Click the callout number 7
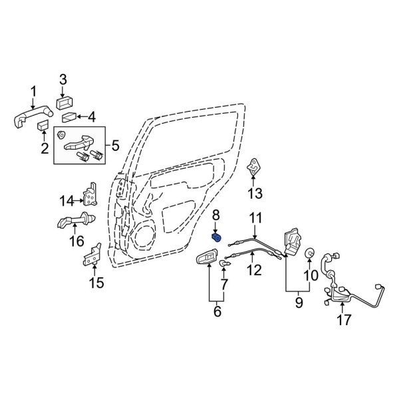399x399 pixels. point(223,285)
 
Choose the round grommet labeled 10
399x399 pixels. point(309,253)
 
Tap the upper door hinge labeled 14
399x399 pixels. point(88,195)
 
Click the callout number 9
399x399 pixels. point(299,303)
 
